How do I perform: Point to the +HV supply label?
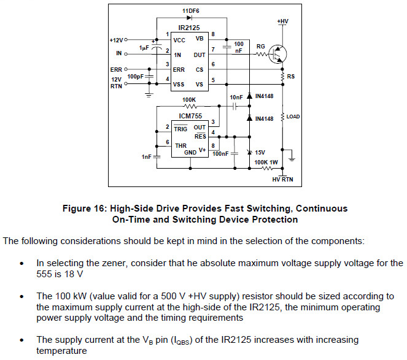click(x=282, y=21)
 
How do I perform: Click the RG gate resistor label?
click(x=260, y=46)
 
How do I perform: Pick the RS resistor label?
click(x=292, y=77)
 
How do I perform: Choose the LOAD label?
click(x=293, y=116)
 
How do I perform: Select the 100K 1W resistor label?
click(x=266, y=162)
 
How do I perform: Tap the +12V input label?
click(x=116, y=40)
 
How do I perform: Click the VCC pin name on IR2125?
click(x=179, y=40)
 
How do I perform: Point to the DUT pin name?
click(x=200, y=55)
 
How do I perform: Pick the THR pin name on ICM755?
click(x=180, y=145)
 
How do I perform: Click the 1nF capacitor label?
click(x=146, y=158)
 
